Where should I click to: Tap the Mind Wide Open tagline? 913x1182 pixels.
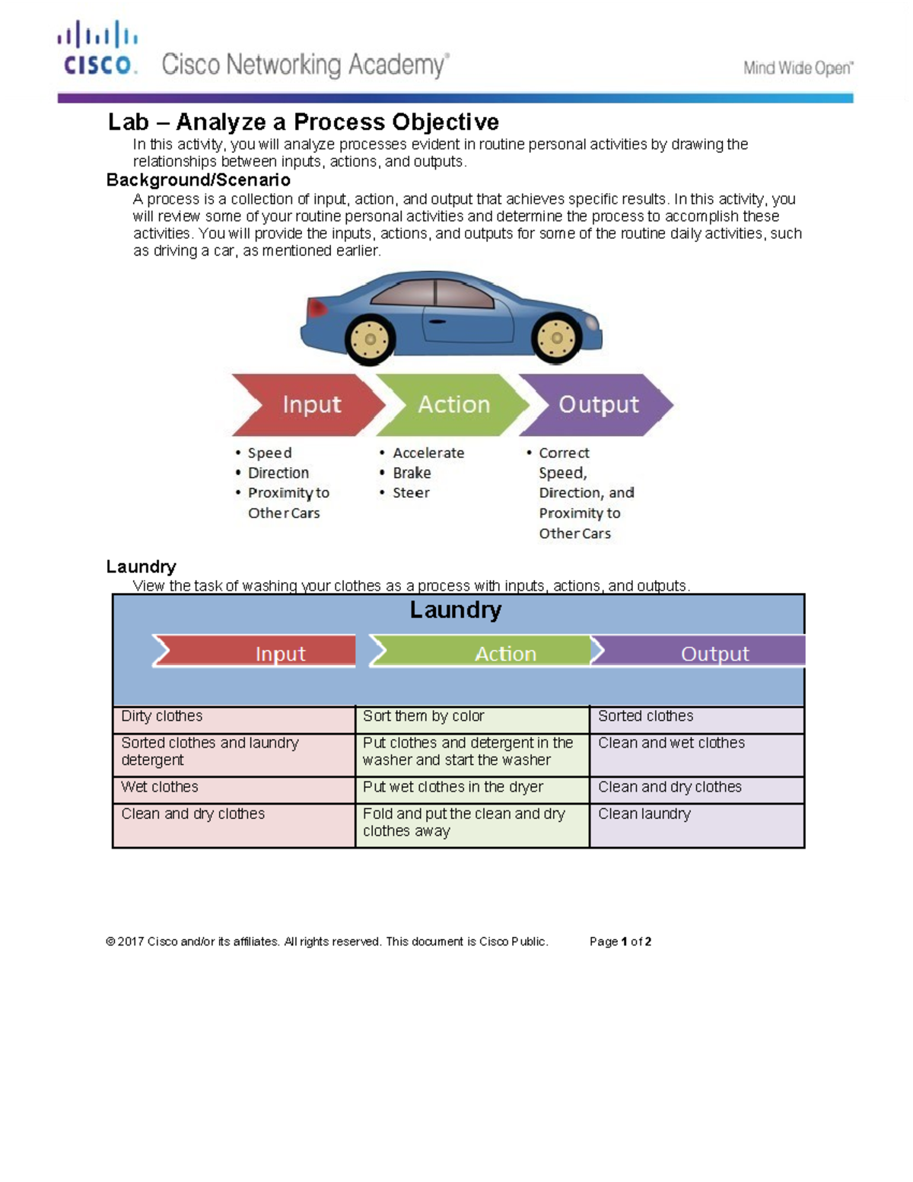point(797,68)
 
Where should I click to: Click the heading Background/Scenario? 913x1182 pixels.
point(198,180)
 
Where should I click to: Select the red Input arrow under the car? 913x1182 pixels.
point(308,405)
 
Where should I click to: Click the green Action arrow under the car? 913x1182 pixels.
point(453,405)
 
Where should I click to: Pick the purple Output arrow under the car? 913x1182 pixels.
point(597,405)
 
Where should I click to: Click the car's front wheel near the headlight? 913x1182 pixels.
point(557,338)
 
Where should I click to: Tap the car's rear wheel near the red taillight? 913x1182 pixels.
point(371,339)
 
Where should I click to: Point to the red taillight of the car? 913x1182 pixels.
point(315,307)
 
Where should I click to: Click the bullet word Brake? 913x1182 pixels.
point(412,473)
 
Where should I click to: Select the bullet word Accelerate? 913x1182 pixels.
point(428,453)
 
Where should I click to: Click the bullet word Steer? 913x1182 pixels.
point(411,493)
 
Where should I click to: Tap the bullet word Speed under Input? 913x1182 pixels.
point(269,453)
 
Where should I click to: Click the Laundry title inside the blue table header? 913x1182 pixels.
point(455,610)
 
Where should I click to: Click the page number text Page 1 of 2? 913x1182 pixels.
point(620,941)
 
